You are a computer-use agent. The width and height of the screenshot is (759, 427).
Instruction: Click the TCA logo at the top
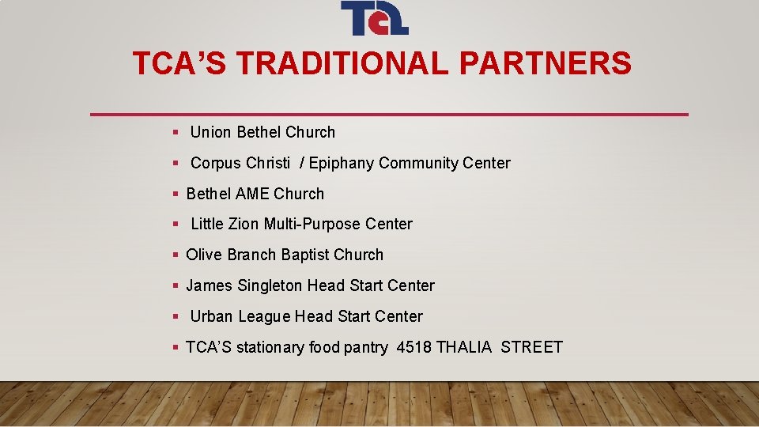click(374, 18)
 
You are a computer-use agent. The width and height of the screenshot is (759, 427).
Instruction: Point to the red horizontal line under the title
click(389, 115)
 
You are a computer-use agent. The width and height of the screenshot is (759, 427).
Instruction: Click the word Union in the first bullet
click(211, 132)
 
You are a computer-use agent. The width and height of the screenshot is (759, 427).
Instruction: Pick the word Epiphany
click(342, 163)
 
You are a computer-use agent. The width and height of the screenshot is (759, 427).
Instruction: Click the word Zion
click(243, 224)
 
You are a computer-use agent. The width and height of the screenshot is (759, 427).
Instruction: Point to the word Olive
click(204, 255)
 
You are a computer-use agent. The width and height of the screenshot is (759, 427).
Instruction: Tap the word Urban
click(212, 316)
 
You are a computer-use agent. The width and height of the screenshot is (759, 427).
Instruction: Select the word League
click(264, 316)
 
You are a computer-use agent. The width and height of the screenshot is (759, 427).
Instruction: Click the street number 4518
click(413, 347)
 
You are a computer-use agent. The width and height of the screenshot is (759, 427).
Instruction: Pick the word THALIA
click(464, 347)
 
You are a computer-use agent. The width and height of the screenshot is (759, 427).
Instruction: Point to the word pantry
click(365, 347)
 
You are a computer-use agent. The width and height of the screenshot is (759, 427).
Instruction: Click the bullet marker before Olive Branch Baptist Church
click(176, 255)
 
